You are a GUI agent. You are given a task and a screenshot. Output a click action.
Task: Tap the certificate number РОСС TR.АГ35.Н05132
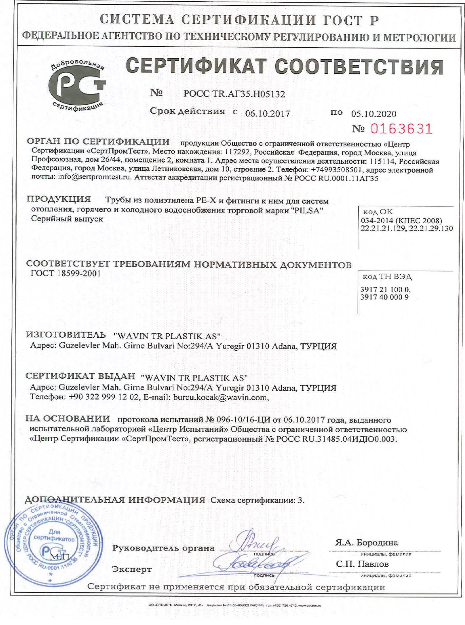(234, 94)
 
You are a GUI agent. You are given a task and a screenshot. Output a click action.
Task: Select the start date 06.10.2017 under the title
(268, 114)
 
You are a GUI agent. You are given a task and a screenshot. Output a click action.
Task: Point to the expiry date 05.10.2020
(373, 114)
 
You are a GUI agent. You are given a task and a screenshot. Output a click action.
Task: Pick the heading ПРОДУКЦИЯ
(59, 199)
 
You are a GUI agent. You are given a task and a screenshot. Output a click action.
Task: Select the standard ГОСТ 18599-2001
(66, 274)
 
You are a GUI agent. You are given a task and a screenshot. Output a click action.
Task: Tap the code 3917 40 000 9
(384, 297)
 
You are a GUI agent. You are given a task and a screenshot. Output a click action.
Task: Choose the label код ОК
(378, 212)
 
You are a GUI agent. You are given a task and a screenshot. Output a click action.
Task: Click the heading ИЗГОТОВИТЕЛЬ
(66, 335)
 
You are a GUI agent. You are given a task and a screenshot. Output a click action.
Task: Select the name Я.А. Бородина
(366, 542)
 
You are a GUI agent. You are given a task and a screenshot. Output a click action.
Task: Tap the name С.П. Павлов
(362, 564)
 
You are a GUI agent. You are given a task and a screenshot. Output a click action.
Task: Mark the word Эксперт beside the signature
(132, 569)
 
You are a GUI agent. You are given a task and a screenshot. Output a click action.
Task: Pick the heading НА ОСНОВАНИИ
(68, 418)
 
